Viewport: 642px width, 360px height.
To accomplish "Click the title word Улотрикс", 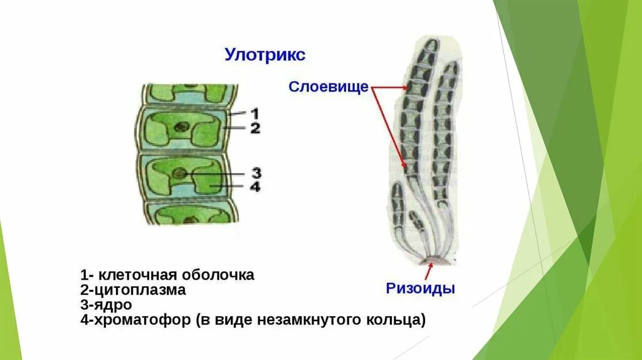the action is (x=265, y=55).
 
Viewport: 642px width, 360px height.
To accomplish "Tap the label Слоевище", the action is (x=328, y=87).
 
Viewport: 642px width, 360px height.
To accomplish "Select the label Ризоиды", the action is (x=420, y=289).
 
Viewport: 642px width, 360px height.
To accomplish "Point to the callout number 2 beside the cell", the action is (x=255, y=129).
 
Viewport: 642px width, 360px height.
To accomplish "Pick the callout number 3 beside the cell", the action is (x=256, y=173).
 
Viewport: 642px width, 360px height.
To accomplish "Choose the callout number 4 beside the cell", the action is (x=256, y=187).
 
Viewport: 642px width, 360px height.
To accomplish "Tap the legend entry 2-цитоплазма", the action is (x=133, y=290).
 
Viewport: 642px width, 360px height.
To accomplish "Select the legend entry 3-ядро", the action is (x=106, y=305).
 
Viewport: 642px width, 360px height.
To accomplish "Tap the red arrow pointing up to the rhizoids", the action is (x=429, y=271).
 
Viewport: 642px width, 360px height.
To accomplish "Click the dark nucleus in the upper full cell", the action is (x=182, y=126).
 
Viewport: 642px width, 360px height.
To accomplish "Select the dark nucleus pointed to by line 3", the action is (x=180, y=172).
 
